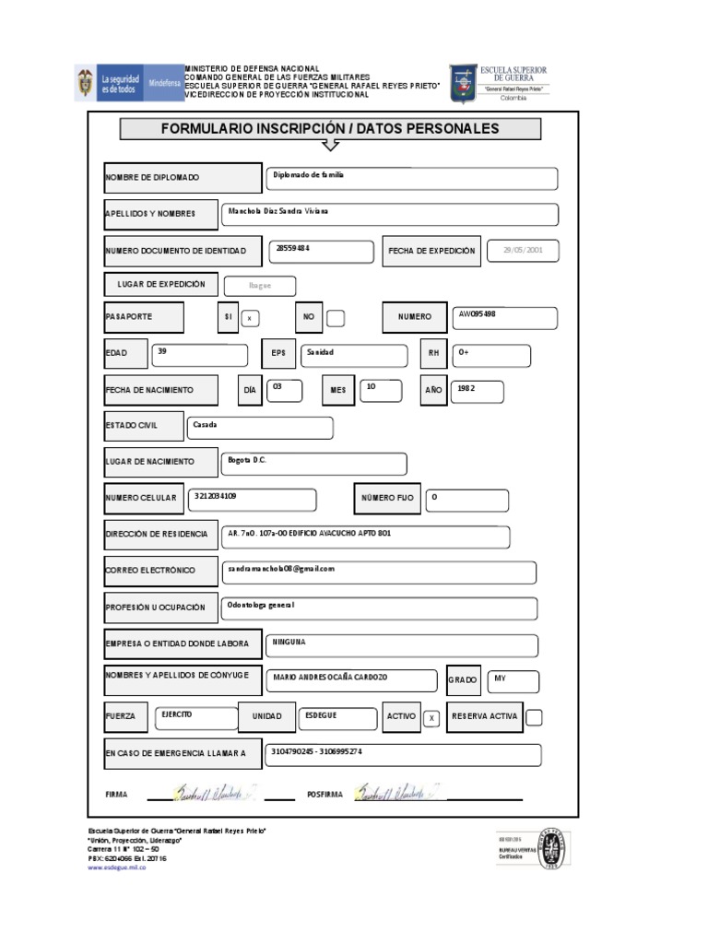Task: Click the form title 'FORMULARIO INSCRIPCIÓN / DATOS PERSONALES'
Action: click(330, 129)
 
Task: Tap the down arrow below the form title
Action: click(331, 145)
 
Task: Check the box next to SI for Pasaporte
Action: click(250, 318)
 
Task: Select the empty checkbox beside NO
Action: click(336, 318)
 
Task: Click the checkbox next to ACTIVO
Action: click(431, 718)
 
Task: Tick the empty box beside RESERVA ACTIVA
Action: click(533, 717)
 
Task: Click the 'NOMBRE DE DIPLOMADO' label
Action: click(183, 178)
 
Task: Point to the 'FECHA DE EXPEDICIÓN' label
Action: click(431, 251)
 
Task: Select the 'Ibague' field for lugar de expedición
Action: click(260, 286)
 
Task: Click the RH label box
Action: click(432, 353)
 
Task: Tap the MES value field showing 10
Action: click(381, 390)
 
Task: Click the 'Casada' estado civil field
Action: click(260, 428)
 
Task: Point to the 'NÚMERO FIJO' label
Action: click(387, 498)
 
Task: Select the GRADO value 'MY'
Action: click(513, 681)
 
